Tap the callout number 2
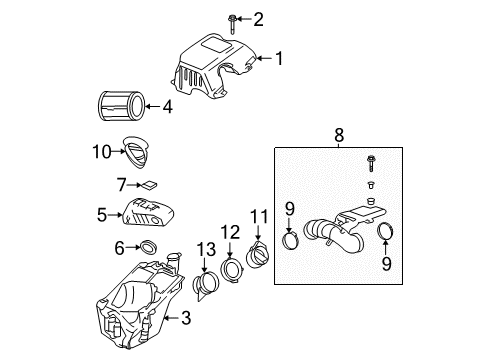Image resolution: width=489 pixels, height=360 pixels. coord(258,18)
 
